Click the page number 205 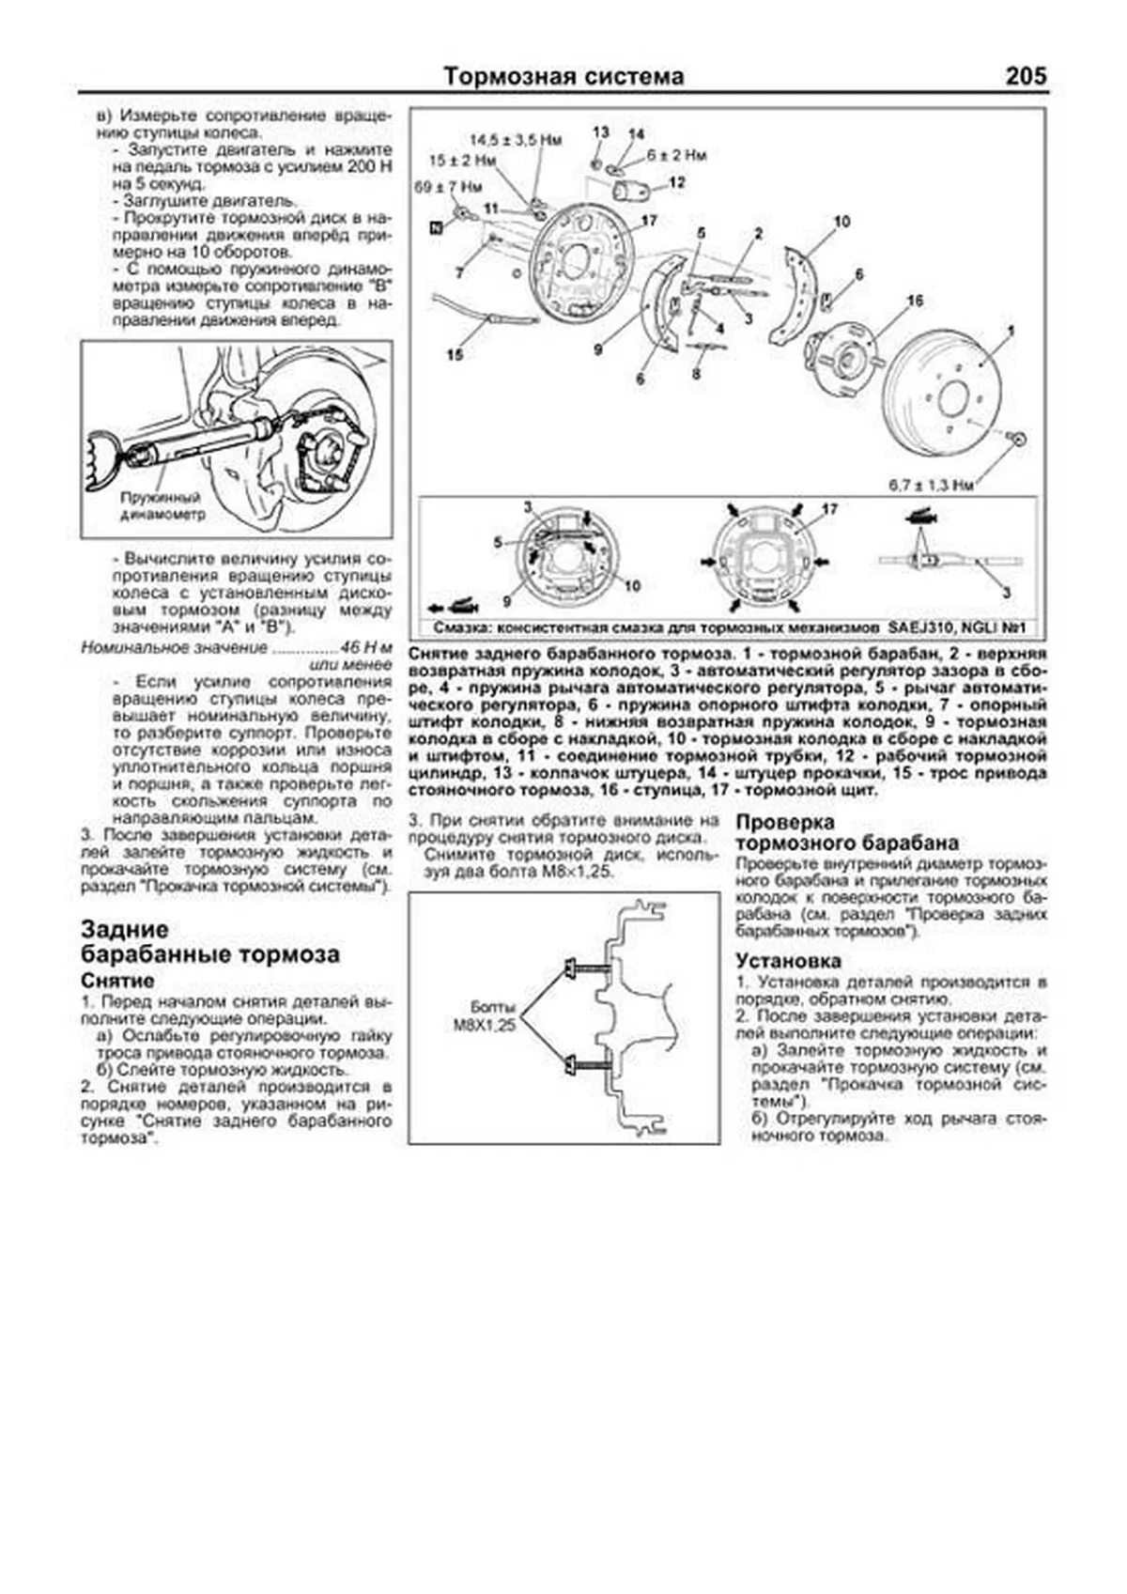(x=1025, y=76)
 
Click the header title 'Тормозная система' (x=563, y=77)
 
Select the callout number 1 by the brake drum (x=1011, y=331)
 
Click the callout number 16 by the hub (x=915, y=301)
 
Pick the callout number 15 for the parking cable (x=455, y=355)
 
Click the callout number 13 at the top (x=601, y=132)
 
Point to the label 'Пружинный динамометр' (x=162, y=506)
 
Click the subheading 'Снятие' (x=117, y=981)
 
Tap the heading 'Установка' (x=788, y=961)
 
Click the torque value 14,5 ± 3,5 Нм (x=516, y=140)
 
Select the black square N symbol (x=436, y=227)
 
